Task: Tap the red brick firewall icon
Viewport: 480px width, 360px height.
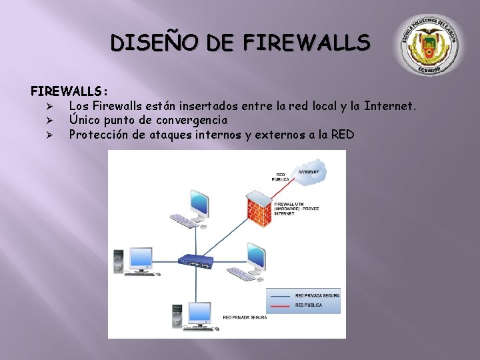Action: coord(259,204)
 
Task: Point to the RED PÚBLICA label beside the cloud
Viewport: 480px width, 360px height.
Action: coord(281,177)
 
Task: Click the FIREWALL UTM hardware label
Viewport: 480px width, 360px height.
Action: coord(297,208)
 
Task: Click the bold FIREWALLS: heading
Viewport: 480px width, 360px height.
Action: coord(69,90)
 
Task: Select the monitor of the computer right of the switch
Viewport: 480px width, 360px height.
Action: coord(256,255)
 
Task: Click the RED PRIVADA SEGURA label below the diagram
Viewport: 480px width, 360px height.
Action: coord(245,318)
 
